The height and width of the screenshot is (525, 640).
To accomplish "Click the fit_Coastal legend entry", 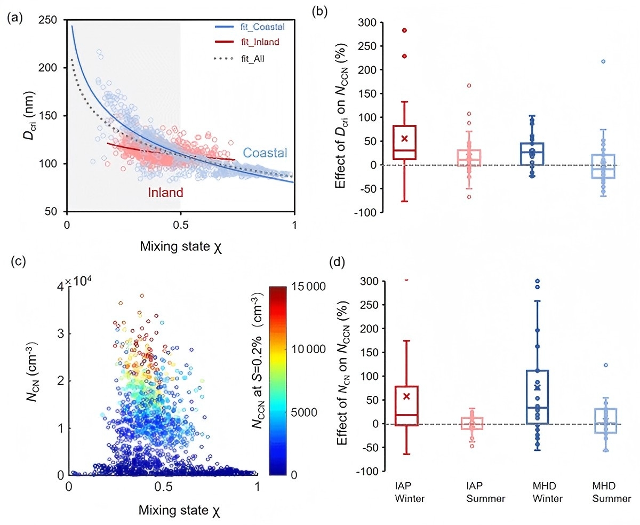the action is [x=250, y=27].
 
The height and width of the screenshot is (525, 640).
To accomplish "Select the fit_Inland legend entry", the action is [x=247, y=42].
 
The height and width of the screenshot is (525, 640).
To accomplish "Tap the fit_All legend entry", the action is [x=239, y=58].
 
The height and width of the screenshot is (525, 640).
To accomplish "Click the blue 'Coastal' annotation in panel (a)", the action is [x=265, y=153].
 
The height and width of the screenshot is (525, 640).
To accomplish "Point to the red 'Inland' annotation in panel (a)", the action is [x=166, y=192].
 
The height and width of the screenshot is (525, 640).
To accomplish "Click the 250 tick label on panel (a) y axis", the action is [x=48, y=20].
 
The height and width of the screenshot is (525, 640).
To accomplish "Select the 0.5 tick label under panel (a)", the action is [x=181, y=225].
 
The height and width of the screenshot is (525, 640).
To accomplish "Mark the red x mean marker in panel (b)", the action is [x=404, y=139].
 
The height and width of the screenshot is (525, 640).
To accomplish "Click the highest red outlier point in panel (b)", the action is [x=404, y=30].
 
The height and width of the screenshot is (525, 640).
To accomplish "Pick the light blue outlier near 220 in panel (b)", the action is [x=603, y=61].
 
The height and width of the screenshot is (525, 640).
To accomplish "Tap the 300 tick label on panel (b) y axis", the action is [x=367, y=22].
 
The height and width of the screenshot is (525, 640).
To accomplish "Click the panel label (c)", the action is [x=18, y=261].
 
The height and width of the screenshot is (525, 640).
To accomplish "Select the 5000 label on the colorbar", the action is [x=304, y=412].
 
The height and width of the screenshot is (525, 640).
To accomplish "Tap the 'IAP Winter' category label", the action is [x=410, y=492].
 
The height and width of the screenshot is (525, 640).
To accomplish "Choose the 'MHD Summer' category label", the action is [x=612, y=492].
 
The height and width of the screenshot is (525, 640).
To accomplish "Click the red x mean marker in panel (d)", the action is [x=406, y=396].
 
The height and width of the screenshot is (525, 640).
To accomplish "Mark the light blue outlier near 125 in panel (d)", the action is [x=606, y=365].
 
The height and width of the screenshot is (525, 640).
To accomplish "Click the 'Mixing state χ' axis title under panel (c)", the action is [x=179, y=511].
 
